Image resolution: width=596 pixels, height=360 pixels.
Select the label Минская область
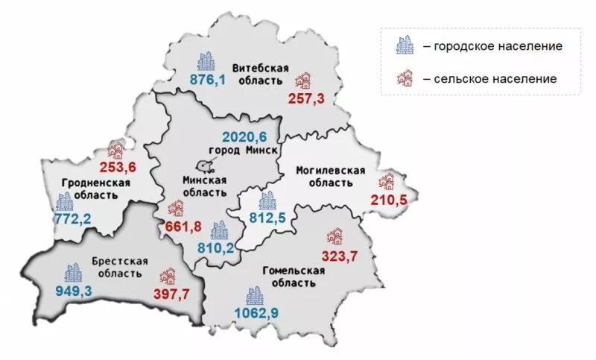204,186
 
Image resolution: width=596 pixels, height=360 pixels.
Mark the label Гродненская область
85,189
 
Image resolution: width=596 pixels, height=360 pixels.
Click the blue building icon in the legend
404,47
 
